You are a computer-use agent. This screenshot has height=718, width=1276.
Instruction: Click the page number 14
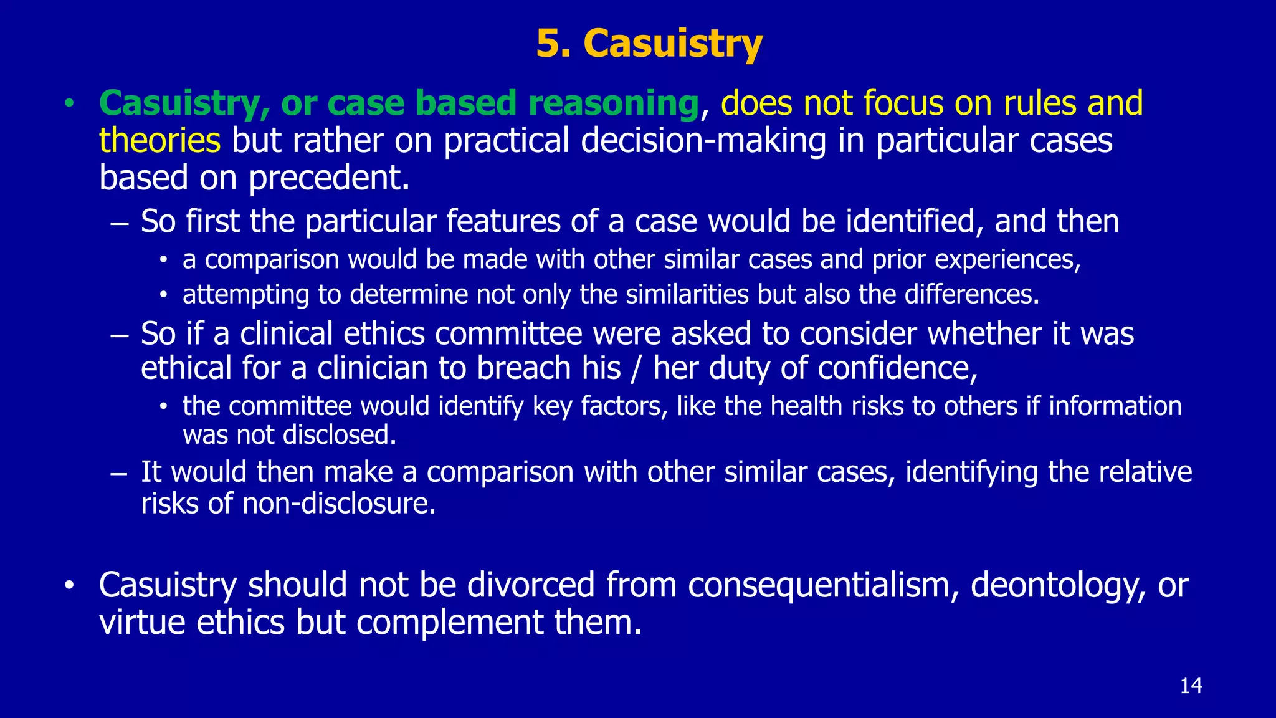point(1191,686)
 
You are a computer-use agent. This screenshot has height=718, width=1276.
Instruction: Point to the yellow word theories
point(159,140)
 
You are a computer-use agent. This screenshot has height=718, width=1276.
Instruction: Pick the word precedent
point(329,179)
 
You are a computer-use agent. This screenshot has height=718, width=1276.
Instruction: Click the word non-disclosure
point(338,504)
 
